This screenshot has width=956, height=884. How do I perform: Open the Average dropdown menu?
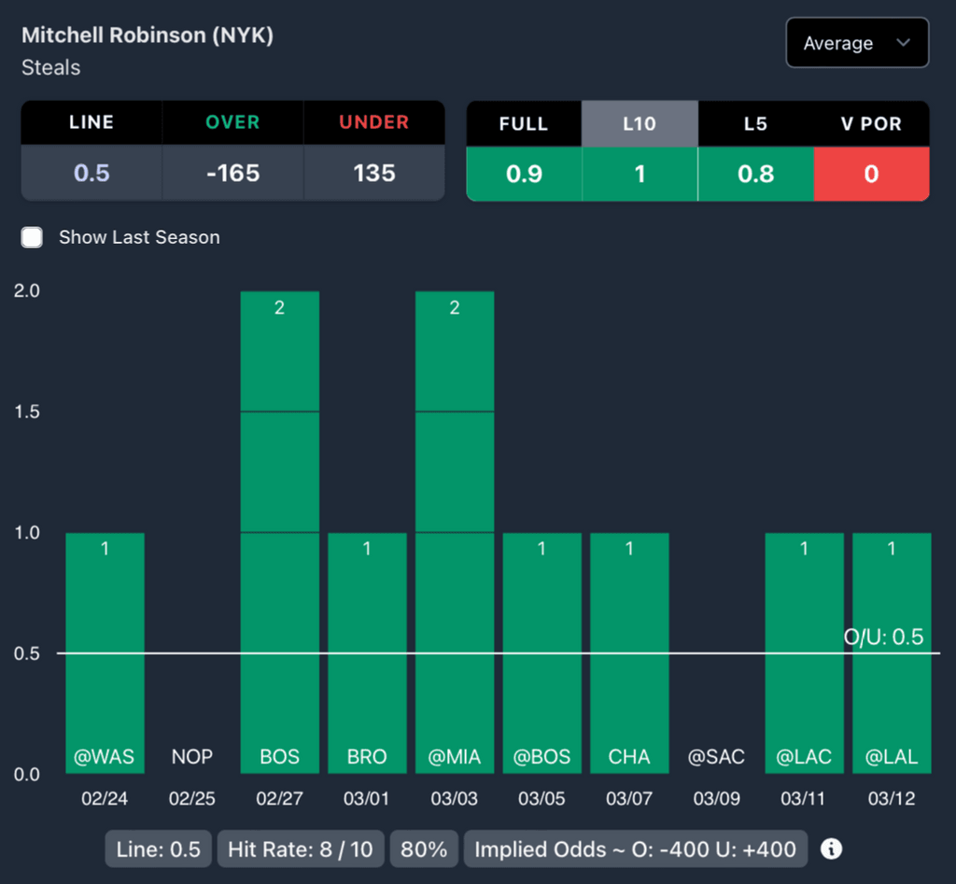(x=857, y=43)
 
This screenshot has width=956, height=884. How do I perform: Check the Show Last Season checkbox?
(x=33, y=237)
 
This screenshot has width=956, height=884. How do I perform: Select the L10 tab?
(x=640, y=123)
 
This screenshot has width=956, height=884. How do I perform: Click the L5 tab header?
(x=755, y=123)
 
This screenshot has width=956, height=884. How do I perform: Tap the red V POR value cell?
(x=871, y=174)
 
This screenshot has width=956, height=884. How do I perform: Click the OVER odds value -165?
(x=232, y=174)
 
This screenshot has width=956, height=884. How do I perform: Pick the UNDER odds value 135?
(x=373, y=174)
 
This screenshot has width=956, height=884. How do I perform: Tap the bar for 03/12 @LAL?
(x=892, y=653)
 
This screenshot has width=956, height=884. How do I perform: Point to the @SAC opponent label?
(x=716, y=757)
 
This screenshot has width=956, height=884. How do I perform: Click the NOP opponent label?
(x=192, y=757)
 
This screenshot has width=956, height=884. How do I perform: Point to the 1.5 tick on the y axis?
(x=27, y=412)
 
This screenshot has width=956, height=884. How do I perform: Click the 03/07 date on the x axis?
(x=629, y=799)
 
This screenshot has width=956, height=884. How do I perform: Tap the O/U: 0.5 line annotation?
(x=883, y=638)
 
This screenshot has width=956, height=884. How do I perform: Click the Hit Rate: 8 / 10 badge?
(x=301, y=849)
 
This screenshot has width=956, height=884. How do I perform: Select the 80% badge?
(x=424, y=849)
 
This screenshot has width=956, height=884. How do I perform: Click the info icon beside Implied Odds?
(x=831, y=849)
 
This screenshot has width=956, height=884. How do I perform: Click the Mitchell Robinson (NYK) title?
(x=148, y=35)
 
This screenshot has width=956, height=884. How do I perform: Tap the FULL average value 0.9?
(x=524, y=174)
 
